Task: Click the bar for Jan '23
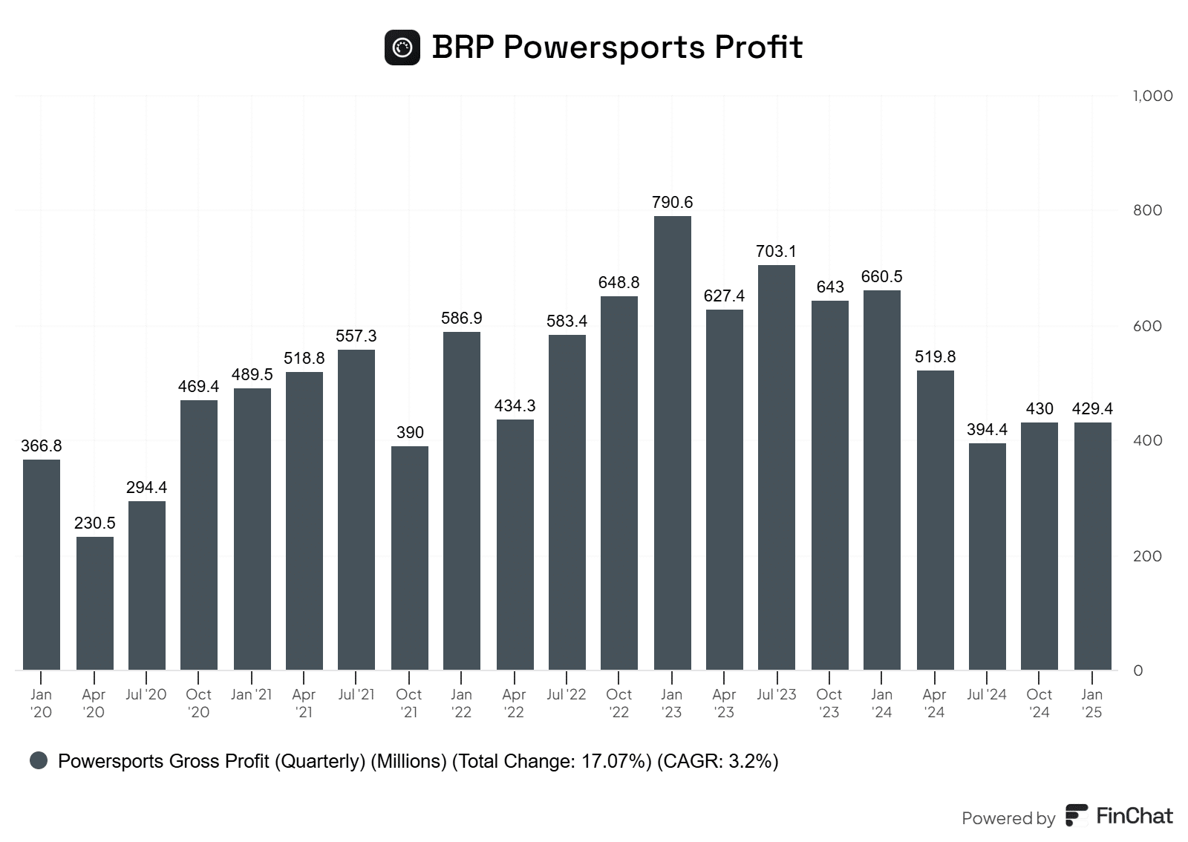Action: (672, 443)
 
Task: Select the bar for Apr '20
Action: (94, 603)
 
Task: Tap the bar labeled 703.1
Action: (776, 468)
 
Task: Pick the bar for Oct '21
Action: (409, 558)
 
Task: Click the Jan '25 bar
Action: (1092, 546)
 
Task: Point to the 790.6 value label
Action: (672, 202)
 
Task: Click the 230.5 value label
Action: (94, 523)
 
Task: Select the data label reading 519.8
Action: (935, 356)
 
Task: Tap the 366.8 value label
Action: (42, 446)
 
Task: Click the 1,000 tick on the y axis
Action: (1152, 96)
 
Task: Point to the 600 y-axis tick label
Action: (1148, 326)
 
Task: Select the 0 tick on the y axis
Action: (1138, 670)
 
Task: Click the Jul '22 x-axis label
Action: (566, 695)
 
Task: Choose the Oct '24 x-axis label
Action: (1039, 703)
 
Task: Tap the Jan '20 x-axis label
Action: (42, 703)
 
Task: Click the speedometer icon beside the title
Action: (402, 48)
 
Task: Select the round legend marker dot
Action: (39, 760)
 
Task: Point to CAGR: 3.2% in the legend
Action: (717, 761)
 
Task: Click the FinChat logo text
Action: (1134, 816)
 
